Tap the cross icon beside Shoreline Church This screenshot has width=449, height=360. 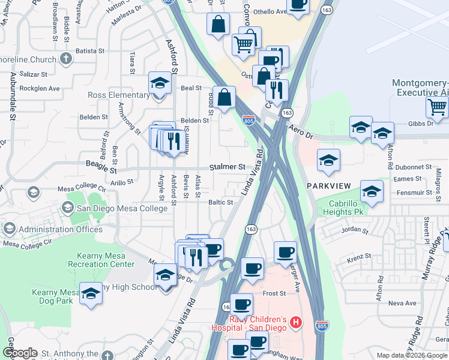pyautogui.click(x=65, y=59)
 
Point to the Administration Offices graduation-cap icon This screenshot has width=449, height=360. pyautogui.click(x=9, y=229)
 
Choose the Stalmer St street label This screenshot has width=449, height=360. pyautogui.click(x=228, y=166)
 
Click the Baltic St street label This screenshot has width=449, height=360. pyautogui.click(x=220, y=202)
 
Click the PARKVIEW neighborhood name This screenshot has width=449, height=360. pyautogui.click(x=328, y=186)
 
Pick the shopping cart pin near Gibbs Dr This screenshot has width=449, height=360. pyautogui.click(x=438, y=107)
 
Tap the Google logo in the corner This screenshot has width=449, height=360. pyautogui.click(x=20, y=352)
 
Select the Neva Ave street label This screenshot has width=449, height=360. pyautogui.click(x=402, y=303)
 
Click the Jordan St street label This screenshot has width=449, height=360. pyautogui.click(x=354, y=230)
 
